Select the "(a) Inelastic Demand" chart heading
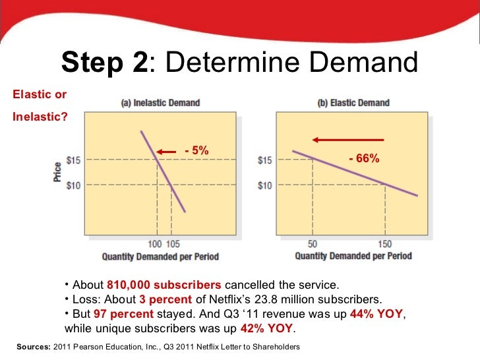click(x=160, y=103)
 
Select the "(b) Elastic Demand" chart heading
click(x=354, y=103)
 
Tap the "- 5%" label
click(x=196, y=151)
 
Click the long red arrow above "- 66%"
click(x=348, y=139)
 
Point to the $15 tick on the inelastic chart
click(x=73, y=159)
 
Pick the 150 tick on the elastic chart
click(x=384, y=245)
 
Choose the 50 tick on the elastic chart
click(x=313, y=245)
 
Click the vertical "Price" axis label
click(x=58, y=171)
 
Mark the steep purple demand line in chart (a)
click(x=163, y=171)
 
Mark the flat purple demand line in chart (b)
click(x=356, y=173)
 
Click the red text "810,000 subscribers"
click(x=164, y=285)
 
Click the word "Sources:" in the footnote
click(x=30, y=346)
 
